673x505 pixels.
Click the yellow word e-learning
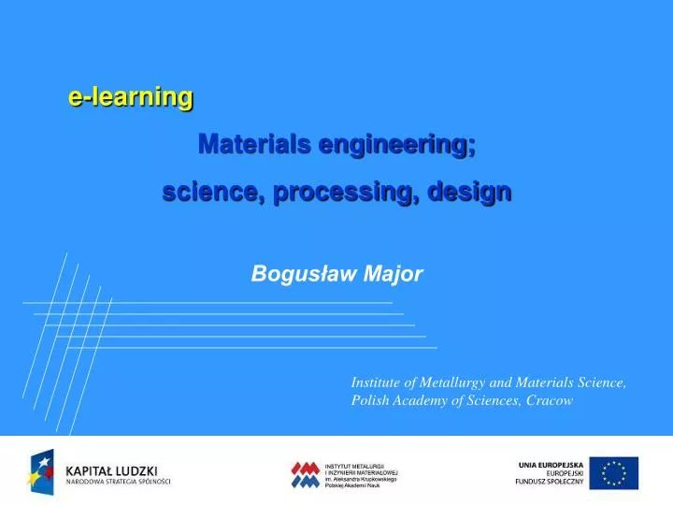(131, 97)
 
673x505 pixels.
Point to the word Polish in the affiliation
(370, 400)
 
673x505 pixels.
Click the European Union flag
(613, 473)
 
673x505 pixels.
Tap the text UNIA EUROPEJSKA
(551, 464)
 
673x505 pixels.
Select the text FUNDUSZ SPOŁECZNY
(550, 483)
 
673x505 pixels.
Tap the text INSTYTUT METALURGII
(354, 466)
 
